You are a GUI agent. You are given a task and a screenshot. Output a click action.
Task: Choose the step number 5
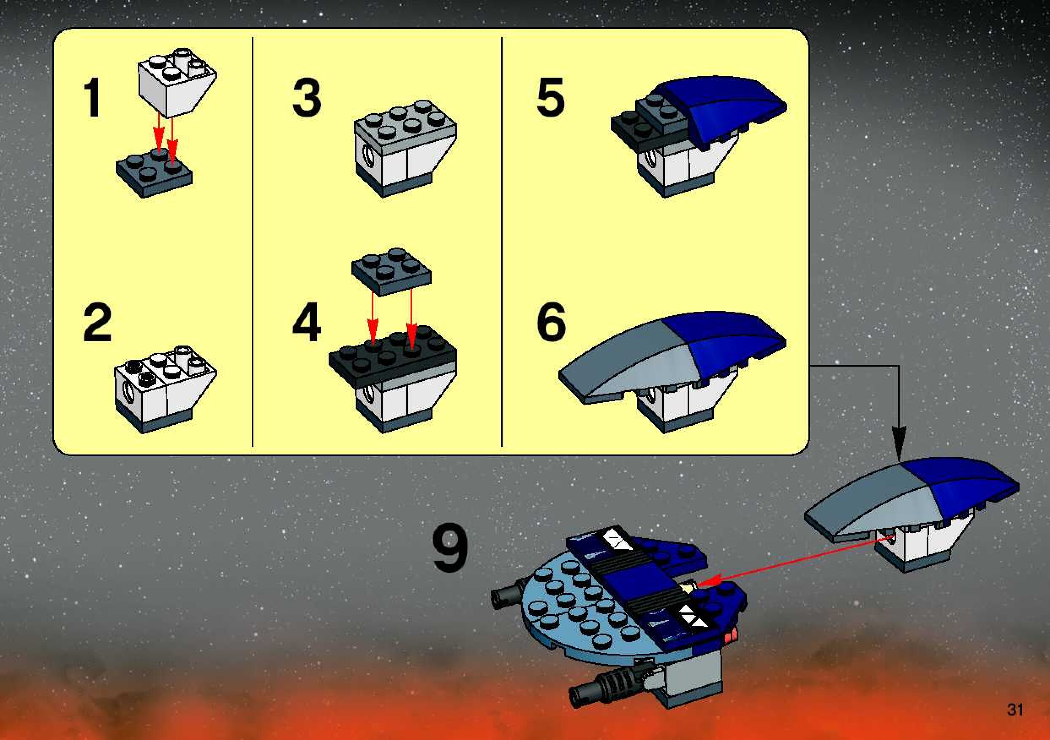coord(550,98)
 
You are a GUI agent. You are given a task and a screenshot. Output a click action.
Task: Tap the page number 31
coord(1015,709)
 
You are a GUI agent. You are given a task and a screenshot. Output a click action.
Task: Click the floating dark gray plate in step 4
coord(391,272)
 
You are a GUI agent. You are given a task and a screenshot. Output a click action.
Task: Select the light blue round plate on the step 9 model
coord(571,608)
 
